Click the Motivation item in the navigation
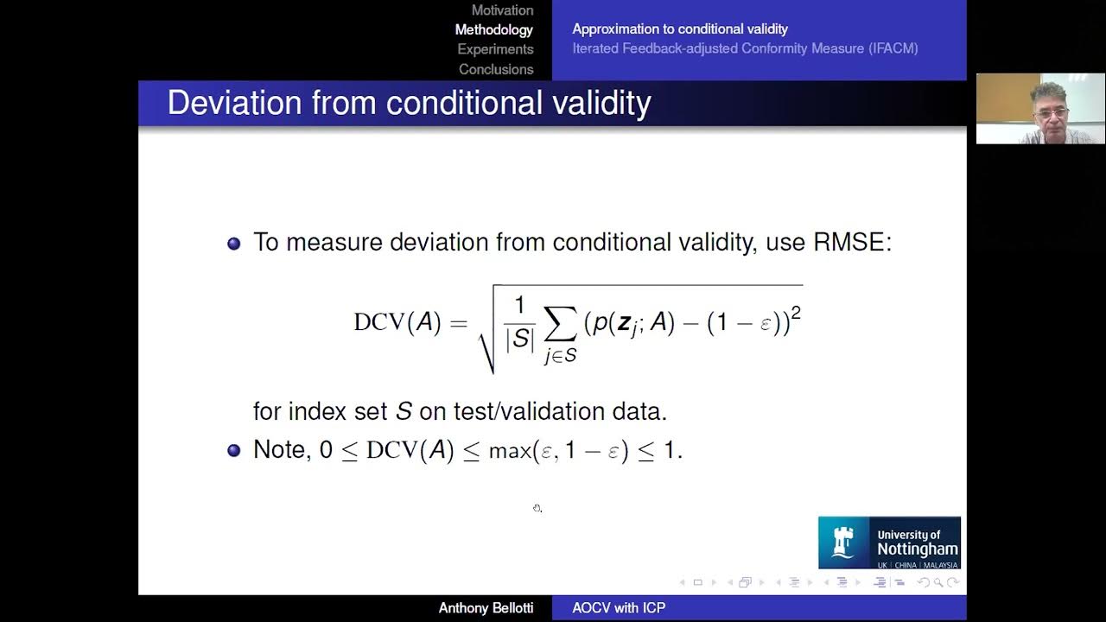click(x=502, y=10)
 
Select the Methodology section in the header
click(x=493, y=29)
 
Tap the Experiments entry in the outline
click(x=495, y=49)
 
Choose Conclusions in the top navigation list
click(x=496, y=69)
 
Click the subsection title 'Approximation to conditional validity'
click(x=680, y=29)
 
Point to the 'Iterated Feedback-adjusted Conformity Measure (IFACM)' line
click(x=745, y=48)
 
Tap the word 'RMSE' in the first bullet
click(x=851, y=242)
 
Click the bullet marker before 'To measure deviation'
click(x=233, y=244)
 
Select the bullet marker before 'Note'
click(x=233, y=450)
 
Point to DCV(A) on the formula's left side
click(x=397, y=322)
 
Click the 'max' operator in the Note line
click(x=509, y=451)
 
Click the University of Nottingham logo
click(x=889, y=543)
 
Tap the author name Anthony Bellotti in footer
click(x=486, y=608)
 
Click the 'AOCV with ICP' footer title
click(x=619, y=608)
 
